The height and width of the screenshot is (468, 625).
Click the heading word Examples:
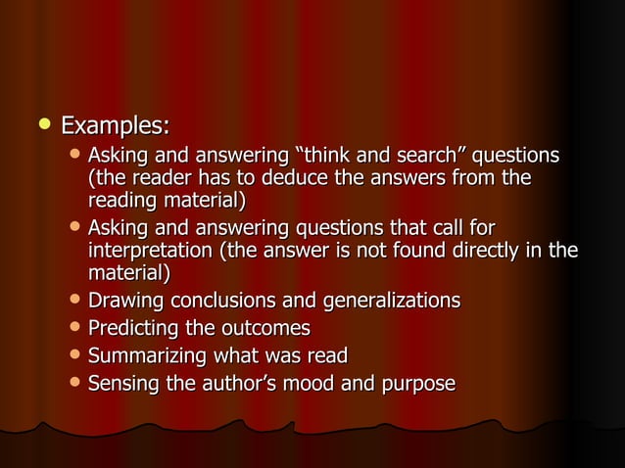(116, 126)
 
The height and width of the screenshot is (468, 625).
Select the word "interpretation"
(150, 252)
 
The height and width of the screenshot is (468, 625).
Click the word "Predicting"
(133, 328)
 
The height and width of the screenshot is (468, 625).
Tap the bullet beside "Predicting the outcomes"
(76, 327)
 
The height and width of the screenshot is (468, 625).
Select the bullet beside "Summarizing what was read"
(76, 355)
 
